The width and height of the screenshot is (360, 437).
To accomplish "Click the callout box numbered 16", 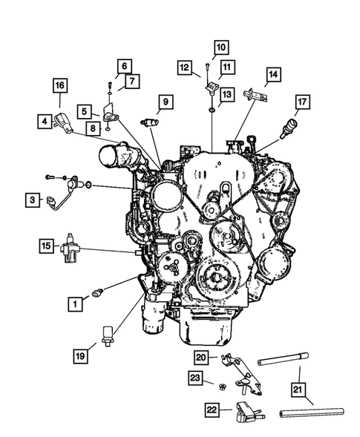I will (60, 85).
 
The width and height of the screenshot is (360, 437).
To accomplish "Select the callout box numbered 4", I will (46, 119).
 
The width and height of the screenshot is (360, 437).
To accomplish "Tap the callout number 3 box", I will (31, 199).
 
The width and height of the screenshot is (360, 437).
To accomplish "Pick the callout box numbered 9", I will (164, 101).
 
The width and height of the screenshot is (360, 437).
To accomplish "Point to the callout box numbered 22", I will (212, 408).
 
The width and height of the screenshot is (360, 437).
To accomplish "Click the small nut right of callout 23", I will (220, 385).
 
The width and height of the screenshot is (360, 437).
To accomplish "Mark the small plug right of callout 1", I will (96, 294).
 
